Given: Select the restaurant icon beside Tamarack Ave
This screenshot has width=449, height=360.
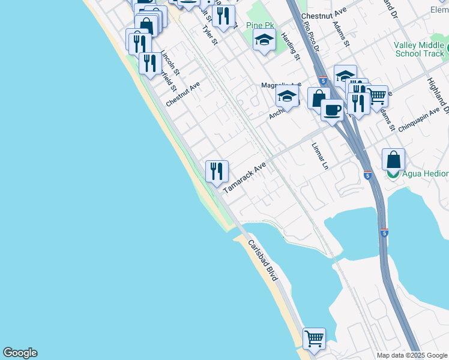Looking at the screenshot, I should (x=216, y=172).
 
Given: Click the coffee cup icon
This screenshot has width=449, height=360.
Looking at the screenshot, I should (x=331, y=110).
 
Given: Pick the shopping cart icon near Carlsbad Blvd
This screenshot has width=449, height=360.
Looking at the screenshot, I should (x=314, y=339).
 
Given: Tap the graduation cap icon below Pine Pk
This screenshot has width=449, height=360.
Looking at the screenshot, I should (x=264, y=41).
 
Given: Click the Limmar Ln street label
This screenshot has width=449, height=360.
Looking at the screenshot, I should (x=321, y=155).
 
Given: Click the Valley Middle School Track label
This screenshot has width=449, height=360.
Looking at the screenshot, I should (x=420, y=49).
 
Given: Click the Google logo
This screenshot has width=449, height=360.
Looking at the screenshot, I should (x=20, y=353).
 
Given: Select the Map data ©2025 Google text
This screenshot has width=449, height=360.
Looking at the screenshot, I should (x=412, y=355).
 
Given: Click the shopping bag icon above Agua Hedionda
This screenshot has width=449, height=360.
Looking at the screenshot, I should (x=393, y=160).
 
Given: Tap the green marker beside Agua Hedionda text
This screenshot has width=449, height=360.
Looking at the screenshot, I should (x=393, y=173).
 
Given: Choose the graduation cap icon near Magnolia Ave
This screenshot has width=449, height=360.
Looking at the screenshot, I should (x=288, y=97).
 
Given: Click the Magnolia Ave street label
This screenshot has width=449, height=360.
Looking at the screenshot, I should (x=280, y=85).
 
